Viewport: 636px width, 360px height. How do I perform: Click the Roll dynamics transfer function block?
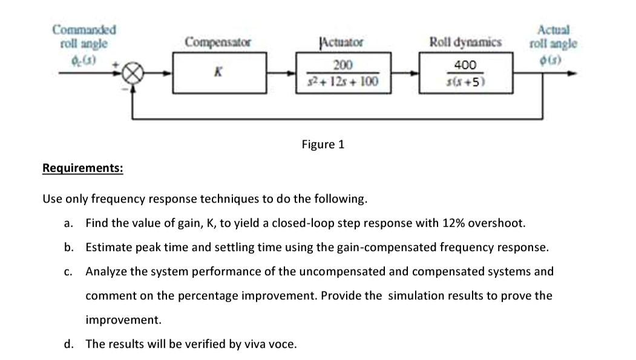(465, 73)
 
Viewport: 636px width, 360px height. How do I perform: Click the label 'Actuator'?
(341, 42)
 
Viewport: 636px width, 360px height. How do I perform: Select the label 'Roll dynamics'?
(465, 42)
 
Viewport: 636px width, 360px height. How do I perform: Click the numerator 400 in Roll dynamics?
(465, 65)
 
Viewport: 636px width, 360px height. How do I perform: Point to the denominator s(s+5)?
(465, 82)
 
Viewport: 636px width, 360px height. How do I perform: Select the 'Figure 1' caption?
(323, 144)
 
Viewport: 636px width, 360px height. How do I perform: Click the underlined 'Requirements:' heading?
(82, 168)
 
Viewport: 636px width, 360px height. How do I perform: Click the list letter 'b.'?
(69, 247)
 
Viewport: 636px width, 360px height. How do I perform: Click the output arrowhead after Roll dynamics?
(569, 74)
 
